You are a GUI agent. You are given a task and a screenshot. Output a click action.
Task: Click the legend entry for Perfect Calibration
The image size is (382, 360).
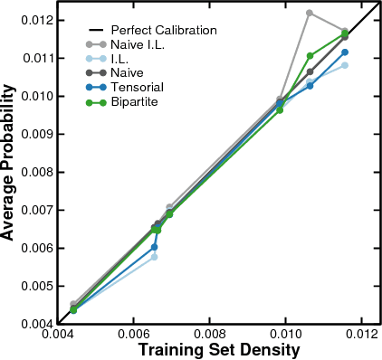164,30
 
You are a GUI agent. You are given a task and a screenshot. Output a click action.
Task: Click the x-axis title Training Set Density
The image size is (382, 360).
217,350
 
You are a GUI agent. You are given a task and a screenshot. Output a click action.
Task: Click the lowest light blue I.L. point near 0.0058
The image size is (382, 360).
154,257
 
